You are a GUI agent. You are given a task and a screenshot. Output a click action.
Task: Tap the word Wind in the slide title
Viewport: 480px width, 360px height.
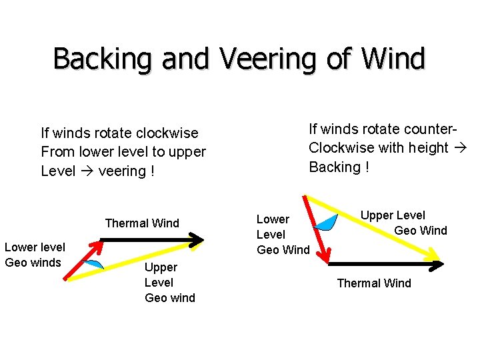pyautogui.click(x=393, y=59)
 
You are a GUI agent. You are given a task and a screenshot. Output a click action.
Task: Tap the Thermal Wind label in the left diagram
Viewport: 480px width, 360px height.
pyautogui.click(x=142, y=223)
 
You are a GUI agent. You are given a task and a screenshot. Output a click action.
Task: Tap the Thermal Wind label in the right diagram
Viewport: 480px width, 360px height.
pyautogui.click(x=374, y=283)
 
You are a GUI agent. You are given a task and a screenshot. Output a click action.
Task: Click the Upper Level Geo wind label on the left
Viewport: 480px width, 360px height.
pyautogui.click(x=169, y=282)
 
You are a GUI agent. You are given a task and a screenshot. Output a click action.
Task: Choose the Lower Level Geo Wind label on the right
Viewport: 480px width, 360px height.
pyautogui.click(x=283, y=235)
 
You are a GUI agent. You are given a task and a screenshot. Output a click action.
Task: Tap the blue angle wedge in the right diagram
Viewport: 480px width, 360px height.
pyautogui.click(x=326, y=223)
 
